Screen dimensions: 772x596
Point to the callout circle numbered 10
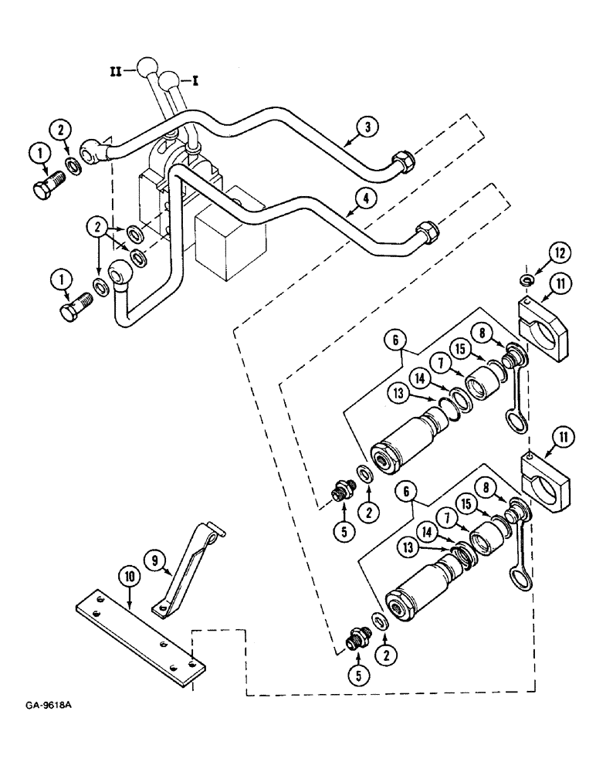pos(127,576)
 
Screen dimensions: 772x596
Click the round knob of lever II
pos(147,66)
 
